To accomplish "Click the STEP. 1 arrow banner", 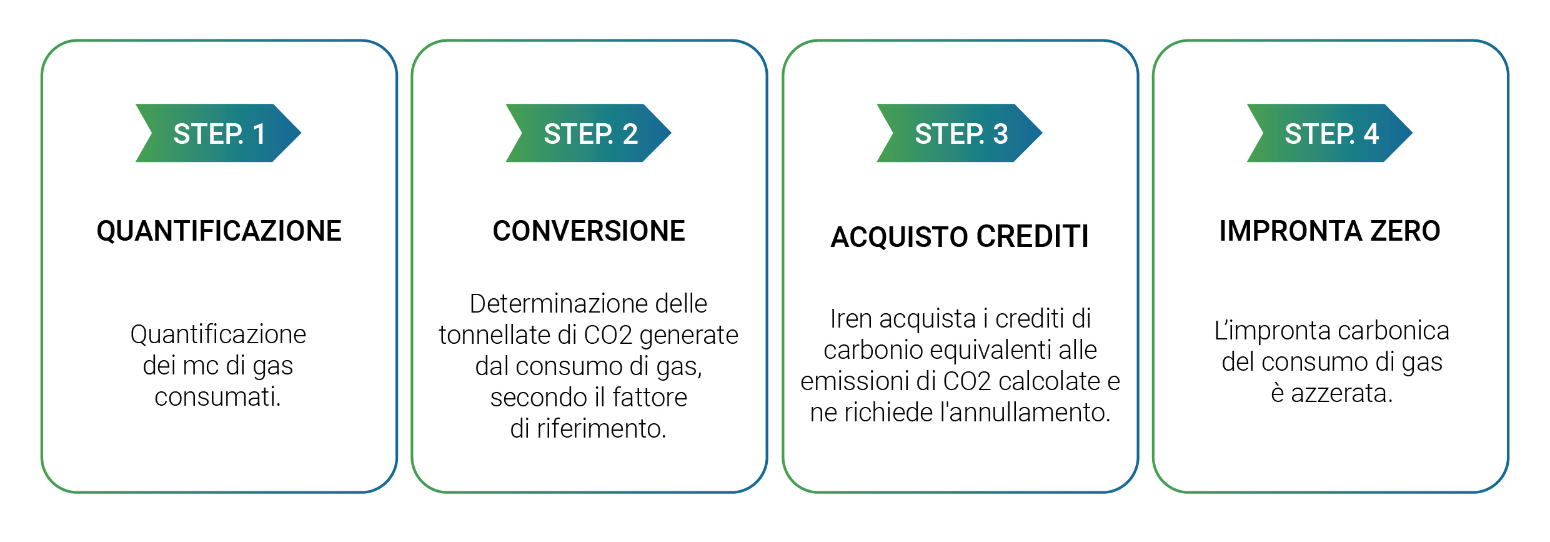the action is [218, 133].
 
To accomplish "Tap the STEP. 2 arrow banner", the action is [588, 133].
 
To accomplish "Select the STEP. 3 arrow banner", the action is [959, 133].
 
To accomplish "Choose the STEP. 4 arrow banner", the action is [1329, 133].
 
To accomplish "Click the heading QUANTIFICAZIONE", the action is [219, 231].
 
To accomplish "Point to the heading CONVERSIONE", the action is [589, 231].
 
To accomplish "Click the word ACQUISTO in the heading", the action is [900, 237].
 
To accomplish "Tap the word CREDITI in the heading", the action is [1033, 237].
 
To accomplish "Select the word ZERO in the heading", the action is [1405, 231].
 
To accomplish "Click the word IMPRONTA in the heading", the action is [1290, 231].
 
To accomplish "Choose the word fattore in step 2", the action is [650, 398].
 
